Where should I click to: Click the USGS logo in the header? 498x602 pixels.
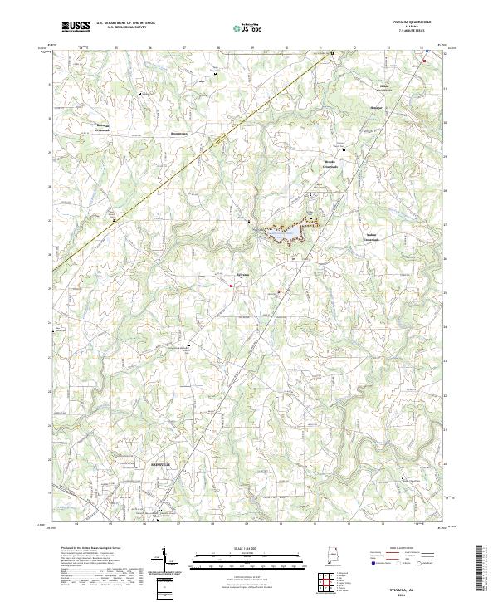(75, 27)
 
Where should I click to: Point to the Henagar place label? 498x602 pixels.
(377, 107)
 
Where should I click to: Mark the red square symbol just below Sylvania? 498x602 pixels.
(232, 287)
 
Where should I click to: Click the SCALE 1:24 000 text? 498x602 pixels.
(248, 546)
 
